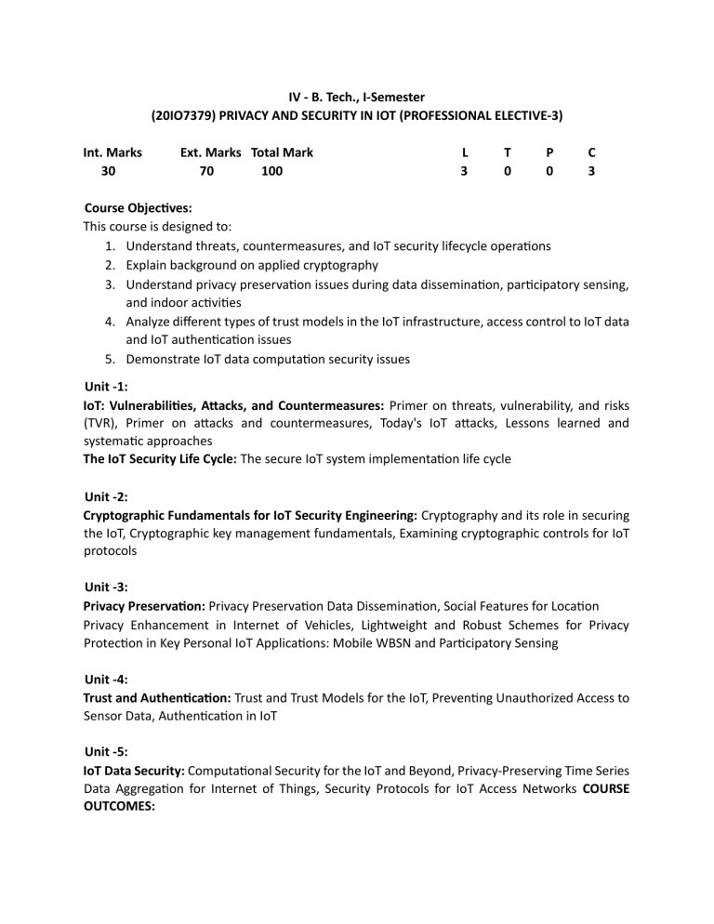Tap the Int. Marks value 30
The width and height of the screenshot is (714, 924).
click(109, 172)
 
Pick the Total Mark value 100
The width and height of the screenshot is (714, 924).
click(271, 172)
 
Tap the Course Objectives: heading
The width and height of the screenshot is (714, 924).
click(138, 208)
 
